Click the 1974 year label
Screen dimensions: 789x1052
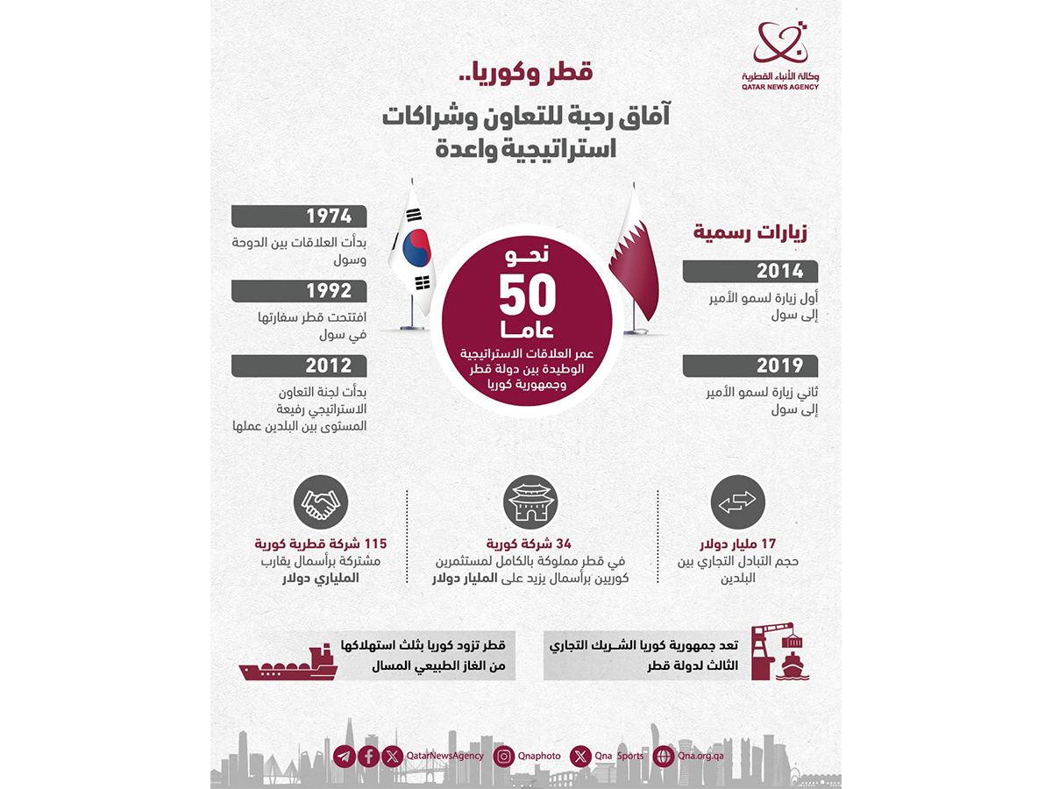[x=329, y=216]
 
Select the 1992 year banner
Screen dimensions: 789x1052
[x=329, y=291]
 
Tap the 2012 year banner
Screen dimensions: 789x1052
[x=329, y=366]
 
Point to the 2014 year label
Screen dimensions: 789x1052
[x=780, y=271]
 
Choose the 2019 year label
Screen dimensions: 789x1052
[x=780, y=366]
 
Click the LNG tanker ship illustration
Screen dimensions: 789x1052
[x=289, y=664]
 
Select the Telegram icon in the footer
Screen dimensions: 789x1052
[x=345, y=756]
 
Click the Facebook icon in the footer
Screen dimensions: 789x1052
[x=368, y=756]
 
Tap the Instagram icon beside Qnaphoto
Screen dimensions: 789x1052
[x=503, y=756]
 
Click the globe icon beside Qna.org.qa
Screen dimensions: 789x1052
[x=664, y=756]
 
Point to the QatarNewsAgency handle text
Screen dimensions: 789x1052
[x=445, y=756]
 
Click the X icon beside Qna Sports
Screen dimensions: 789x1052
[x=580, y=756]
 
